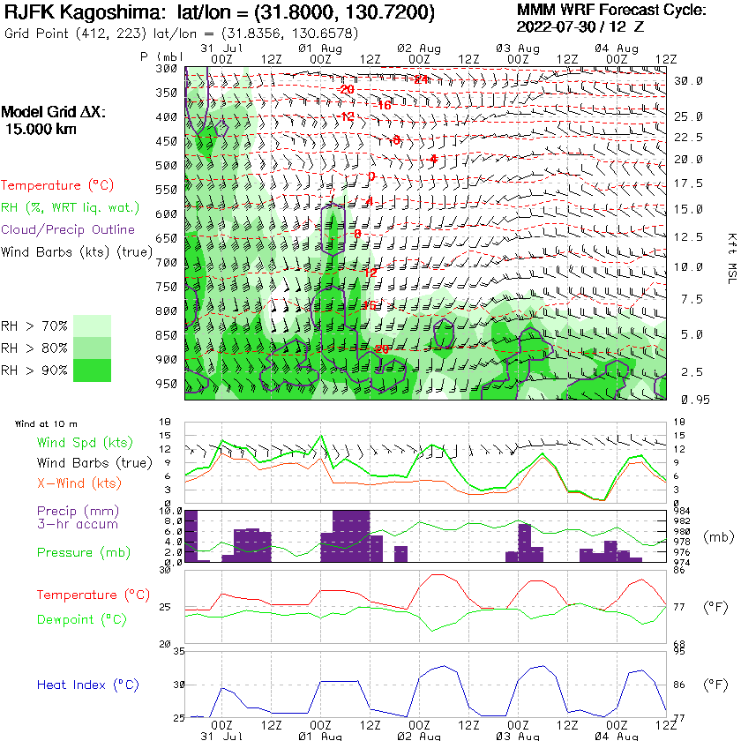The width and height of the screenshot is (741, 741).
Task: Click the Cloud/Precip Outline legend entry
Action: [68, 229]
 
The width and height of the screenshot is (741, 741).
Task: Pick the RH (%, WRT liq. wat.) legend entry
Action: [70, 207]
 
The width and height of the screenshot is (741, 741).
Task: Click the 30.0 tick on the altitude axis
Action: [688, 80]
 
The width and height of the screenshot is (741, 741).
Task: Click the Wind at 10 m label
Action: [46, 424]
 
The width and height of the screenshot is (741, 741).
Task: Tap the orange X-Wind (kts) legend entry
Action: [79, 483]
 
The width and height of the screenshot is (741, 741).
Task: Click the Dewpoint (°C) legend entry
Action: [83, 620]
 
